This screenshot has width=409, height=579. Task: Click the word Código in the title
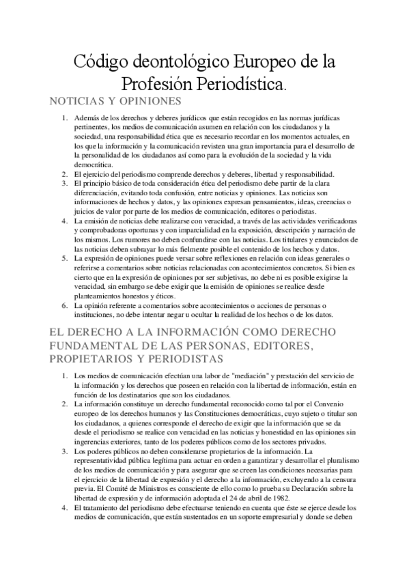pyautogui.click(x=98, y=63)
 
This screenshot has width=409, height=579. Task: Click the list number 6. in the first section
pyautogui.click(x=63, y=306)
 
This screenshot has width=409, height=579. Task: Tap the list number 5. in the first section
pyautogui.click(x=63, y=259)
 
